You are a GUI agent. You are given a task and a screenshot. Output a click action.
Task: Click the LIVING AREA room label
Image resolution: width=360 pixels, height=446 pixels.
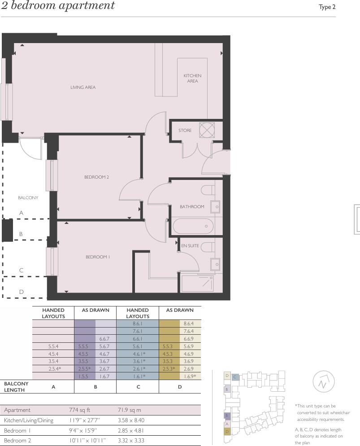point(83,87)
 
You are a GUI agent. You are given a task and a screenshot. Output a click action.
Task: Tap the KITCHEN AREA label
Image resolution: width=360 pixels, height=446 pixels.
point(192,79)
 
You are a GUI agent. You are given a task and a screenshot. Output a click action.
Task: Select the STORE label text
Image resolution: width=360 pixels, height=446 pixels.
point(185,131)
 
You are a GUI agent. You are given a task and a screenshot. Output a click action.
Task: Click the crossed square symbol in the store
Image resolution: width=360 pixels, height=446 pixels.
point(207,130)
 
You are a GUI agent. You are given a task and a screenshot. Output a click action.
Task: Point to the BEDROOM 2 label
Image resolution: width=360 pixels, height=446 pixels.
point(96,177)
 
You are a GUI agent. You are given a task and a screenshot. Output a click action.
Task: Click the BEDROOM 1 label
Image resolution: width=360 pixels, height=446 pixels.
point(98,257)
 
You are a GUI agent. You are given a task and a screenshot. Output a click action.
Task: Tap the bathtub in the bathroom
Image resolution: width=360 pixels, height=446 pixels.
point(193,226)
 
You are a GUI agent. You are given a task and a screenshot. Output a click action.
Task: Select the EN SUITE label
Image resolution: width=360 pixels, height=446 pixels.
point(190,246)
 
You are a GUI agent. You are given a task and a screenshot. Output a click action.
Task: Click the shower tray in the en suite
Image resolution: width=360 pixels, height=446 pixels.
point(197,283)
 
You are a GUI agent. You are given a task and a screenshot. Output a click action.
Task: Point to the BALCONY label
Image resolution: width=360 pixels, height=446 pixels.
point(28,198)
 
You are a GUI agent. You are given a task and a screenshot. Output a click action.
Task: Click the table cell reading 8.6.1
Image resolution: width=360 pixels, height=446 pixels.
point(138,324)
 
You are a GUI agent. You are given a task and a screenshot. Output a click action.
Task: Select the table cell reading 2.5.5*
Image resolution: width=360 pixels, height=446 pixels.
point(84,369)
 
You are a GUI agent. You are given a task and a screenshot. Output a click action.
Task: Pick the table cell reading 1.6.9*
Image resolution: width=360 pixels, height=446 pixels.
point(190,376)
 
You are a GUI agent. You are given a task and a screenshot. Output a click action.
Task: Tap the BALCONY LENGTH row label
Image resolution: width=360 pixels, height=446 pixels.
point(16,387)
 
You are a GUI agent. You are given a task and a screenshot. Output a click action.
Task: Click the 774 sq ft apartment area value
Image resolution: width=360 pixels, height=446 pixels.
point(81,410)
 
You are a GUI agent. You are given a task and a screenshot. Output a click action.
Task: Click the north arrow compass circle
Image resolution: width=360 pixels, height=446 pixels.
point(324,382)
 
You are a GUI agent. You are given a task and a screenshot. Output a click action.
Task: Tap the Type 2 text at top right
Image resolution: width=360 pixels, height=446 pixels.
point(327,7)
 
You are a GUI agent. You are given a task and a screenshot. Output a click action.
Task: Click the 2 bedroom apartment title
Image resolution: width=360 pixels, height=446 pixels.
point(58,6)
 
